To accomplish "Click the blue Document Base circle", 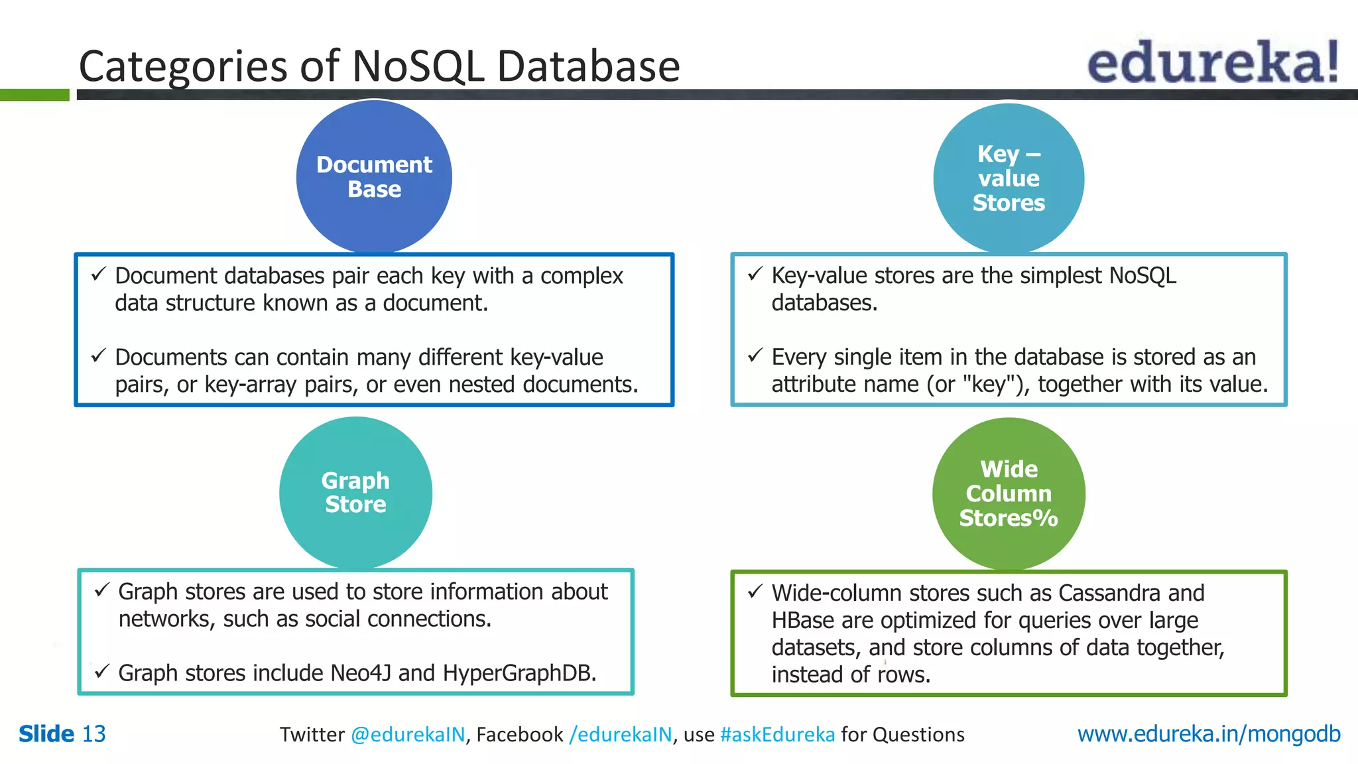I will tap(374, 176).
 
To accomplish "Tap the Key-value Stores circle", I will tap(1008, 178).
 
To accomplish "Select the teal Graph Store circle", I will tap(355, 492).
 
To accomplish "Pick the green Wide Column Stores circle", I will tap(1008, 493).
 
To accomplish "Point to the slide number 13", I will tap(93, 733).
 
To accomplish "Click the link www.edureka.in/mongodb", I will tap(1208, 733).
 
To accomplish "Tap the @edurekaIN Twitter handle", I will tap(408, 735).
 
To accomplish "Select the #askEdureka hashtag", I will tap(777, 735).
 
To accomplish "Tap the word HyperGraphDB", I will tap(519, 673).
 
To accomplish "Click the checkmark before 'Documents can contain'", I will tap(99, 355).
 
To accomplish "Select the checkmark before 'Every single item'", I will tap(755, 355).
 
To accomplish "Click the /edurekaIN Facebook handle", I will tap(621, 735).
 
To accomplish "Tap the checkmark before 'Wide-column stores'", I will tap(755, 592).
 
